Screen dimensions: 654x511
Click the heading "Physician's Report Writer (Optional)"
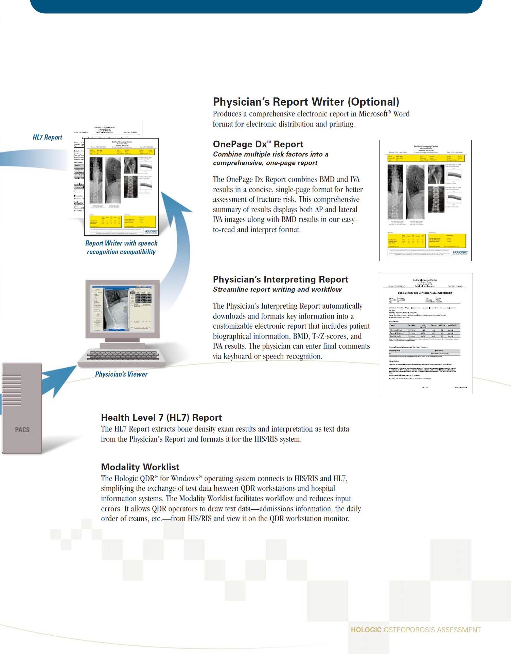tap(306, 102)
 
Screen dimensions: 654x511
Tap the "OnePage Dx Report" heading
tap(258, 144)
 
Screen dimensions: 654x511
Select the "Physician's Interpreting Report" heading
tap(280, 279)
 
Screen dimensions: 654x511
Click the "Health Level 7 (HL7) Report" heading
tap(161, 418)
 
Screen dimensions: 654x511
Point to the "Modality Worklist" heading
tap(140, 467)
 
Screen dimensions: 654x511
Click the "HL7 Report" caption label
tap(47, 138)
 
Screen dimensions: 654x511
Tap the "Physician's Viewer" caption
tap(121, 375)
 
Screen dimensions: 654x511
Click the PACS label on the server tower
tap(22, 430)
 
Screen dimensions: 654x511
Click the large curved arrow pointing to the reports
tap(177, 238)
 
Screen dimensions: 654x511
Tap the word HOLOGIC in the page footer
tap(366, 630)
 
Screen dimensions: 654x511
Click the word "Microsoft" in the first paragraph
tap(373, 114)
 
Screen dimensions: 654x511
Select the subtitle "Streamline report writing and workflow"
tap(277, 290)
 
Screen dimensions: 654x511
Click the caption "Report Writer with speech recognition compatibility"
tap(121, 248)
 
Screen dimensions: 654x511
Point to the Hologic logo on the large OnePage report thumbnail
tap(460, 252)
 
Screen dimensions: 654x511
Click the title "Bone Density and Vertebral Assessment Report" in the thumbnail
tap(425, 293)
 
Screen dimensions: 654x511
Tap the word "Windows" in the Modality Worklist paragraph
tap(184, 479)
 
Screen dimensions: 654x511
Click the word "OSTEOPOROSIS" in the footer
tap(409, 630)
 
